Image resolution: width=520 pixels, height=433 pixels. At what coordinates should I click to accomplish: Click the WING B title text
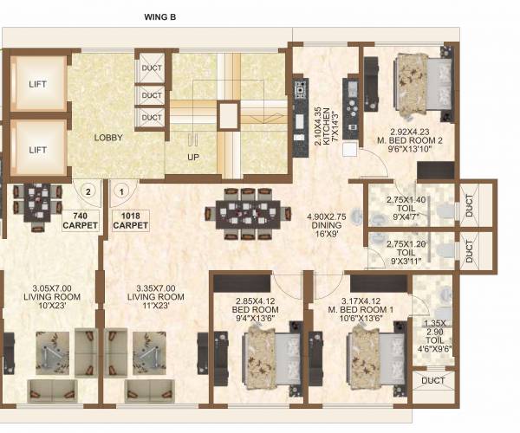click(x=159, y=17)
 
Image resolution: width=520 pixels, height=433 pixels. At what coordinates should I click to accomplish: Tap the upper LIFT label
click(x=37, y=84)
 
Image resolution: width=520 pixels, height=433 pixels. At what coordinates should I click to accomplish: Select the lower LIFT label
click(x=37, y=150)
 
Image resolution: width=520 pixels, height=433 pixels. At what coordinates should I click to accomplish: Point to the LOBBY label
click(x=108, y=138)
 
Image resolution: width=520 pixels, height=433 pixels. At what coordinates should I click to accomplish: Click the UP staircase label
click(x=193, y=157)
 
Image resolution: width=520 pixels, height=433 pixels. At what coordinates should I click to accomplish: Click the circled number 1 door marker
click(x=121, y=191)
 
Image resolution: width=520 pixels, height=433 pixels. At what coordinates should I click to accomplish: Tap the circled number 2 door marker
click(x=88, y=191)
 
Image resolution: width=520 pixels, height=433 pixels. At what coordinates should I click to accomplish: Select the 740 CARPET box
click(x=81, y=221)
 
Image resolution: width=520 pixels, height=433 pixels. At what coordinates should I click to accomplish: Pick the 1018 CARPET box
click(x=131, y=221)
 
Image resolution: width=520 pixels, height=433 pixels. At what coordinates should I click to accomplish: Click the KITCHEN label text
click(x=327, y=126)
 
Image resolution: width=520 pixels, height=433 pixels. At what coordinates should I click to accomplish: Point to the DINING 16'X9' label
click(x=327, y=225)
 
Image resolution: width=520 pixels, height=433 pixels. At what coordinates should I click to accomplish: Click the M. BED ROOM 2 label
click(x=410, y=140)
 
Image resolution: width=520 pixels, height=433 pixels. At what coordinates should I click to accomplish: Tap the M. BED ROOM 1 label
click(x=361, y=310)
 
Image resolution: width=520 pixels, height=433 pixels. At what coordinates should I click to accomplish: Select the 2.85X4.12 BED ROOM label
click(x=256, y=310)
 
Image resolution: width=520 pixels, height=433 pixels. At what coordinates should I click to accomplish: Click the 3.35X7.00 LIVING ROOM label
click(x=156, y=297)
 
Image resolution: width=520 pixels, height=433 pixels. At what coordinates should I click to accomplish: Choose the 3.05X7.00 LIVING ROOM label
click(x=52, y=297)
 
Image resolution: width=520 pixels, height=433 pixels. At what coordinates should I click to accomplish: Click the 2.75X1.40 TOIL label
click(x=406, y=209)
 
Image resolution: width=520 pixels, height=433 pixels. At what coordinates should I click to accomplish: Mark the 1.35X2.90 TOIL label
click(x=435, y=336)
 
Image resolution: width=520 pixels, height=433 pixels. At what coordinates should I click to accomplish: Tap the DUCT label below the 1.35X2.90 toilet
click(x=432, y=381)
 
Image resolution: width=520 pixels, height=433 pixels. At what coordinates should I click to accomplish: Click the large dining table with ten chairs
click(x=248, y=214)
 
